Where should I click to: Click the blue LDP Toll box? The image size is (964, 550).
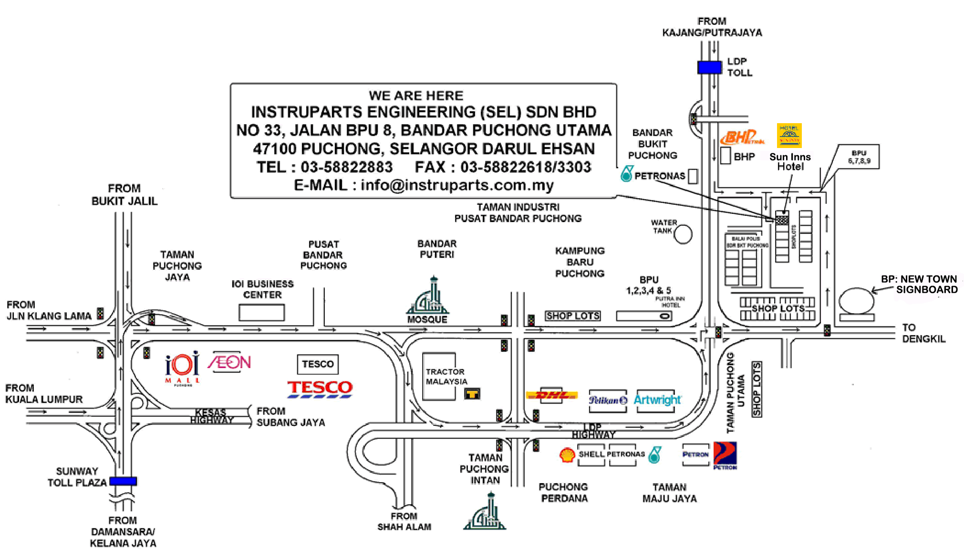pyautogui.click(x=709, y=67)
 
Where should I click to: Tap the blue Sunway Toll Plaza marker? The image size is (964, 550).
pyautogui.click(x=124, y=481)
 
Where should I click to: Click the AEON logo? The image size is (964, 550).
pyautogui.click(x=229, y=363)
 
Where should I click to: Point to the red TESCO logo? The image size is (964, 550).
pyautogui.click(x=320, y=389)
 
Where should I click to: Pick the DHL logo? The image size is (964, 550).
pyautogui.click(x=551, y=395)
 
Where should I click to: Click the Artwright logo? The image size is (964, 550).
pyautogui.click(x=657, y=400)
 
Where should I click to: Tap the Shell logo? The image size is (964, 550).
pyautogui.click(x=567, y=455)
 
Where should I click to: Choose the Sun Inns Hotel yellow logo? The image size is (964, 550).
pyautogui.click(x=789, y=135)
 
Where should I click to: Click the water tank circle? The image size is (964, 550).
pyautogui.click(x=683, y=234)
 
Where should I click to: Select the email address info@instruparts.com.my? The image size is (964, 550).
pyautogui.click(x=457, y=185)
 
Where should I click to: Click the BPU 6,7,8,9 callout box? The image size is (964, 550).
pyautogui.click(x=859, y=157)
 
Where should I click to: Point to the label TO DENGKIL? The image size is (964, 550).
pyautogui.click(x=923, y=333)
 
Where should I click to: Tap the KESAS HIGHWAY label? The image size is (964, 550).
pyautogui.click(x=211, y=416)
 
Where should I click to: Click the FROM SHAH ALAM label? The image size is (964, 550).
pyautogui.click(x=404, y=521)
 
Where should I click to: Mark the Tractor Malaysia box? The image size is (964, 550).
pyautogui.click(x=439, y=377)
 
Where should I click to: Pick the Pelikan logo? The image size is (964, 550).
pyautogui.click(x=608, y=400)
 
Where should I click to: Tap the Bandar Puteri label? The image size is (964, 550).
pyautogui.click(x=437, y=249)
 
